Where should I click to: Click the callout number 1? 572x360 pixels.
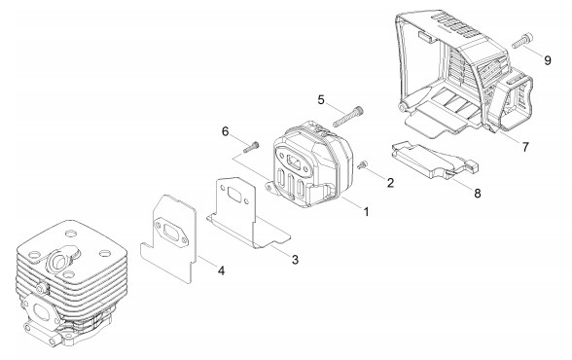[x=366, y=211]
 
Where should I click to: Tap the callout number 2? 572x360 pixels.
[x=390, y=183]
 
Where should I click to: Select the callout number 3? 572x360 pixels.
[x=295, y=260]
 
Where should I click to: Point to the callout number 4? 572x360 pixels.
[x=221, y=270]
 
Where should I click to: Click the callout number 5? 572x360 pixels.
[x=321, y=99]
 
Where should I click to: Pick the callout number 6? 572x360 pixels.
[x=226, y=131]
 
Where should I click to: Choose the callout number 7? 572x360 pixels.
[x=525, y=147]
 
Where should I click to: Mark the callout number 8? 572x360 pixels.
[x=478, y=194]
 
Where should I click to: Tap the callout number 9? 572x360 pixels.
[x=548, y=60]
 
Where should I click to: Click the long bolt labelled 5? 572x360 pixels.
[x=348, y=117]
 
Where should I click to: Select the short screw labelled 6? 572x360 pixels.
[x=251, y=147]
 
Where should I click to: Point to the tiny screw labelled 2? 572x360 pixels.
[x=362, y=164]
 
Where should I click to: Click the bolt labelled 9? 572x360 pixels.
[x=522, y=41]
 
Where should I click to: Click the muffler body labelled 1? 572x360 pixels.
[x=312, y=164]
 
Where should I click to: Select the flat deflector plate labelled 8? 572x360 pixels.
[x=434, y=160]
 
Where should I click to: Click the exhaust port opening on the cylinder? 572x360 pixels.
[x=58, y=260]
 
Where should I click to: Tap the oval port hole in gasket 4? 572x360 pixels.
[x=170, y=233]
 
